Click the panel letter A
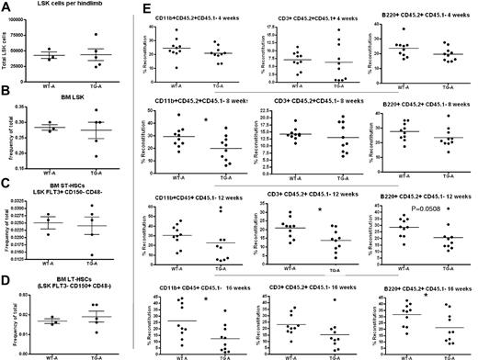point(6,8)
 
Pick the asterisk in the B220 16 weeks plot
point(427,296)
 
